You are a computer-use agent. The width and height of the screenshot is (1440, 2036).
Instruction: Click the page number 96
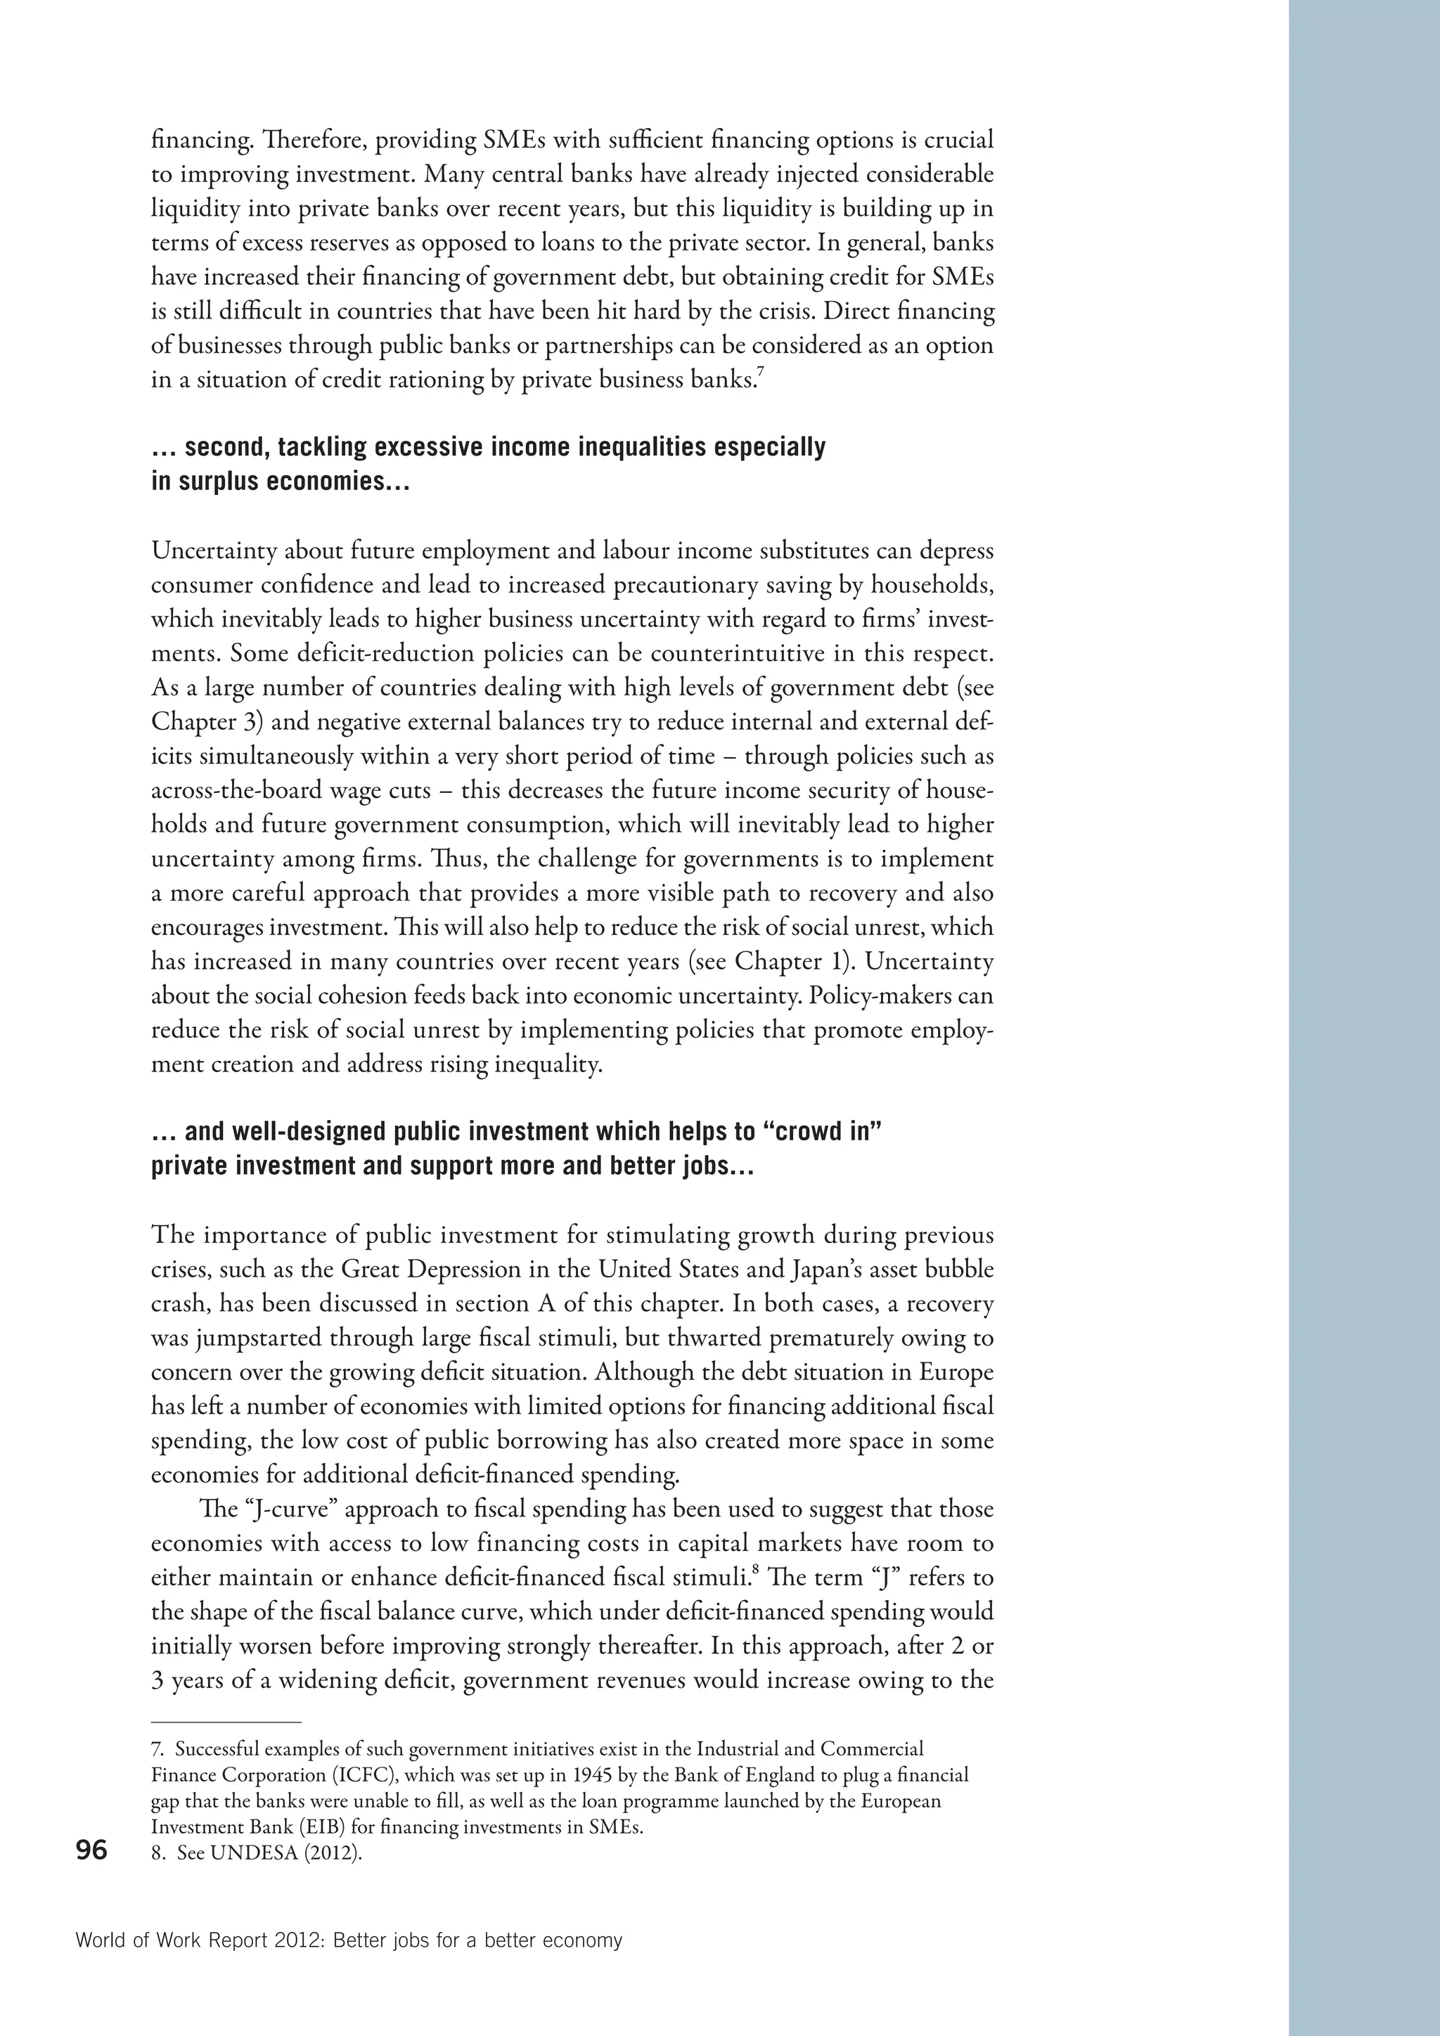91,1850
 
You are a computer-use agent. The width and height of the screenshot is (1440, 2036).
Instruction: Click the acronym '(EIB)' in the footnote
326,1828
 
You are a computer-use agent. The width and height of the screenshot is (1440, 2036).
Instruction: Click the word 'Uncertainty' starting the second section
215,550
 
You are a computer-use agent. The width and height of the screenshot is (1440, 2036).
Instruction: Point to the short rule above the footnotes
227,1721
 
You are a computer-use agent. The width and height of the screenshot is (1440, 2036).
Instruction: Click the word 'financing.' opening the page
188,140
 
